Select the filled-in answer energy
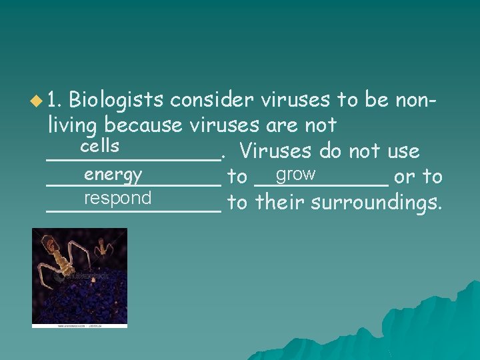[113, 175]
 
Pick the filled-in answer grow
[295, 175]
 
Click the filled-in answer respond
[118, 199]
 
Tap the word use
[403, 151]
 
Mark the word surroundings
[375, 202]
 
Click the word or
[403, 177]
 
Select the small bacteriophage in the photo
[102, 249]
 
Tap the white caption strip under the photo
[79, 326]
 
